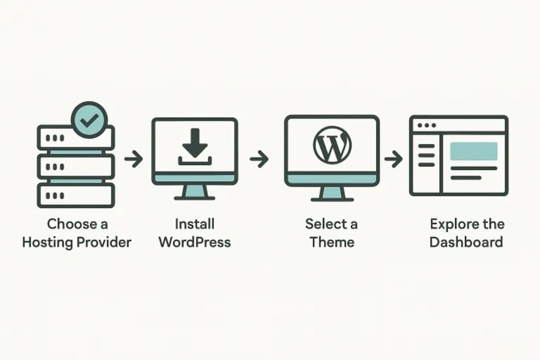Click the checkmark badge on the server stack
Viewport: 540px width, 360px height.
coord(90,119)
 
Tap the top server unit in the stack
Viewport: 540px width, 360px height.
coord(75,138)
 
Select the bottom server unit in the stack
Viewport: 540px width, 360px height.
coord(75,195)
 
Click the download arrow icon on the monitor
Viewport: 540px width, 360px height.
coord(195,147)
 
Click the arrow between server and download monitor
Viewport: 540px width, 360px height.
coord(133,160)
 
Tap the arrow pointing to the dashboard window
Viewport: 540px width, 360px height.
coord(394,160)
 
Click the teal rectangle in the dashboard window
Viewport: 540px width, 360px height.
coord(474,151)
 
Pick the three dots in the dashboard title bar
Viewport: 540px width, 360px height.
coord(427,126)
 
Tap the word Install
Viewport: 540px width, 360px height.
coord(195,224)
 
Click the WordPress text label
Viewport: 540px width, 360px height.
coord(195,243)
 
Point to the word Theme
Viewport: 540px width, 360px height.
coord(332,243)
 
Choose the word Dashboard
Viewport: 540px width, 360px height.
coord(466,243)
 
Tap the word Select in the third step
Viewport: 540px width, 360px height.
coord(324,224)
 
